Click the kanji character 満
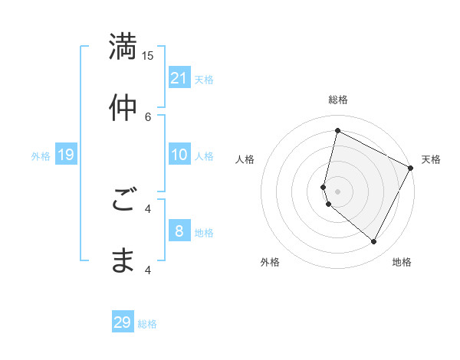(x=123, y=46)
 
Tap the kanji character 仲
(x=123, y=108)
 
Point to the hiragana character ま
(x=123, y=261)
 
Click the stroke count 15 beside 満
(x=148, y=55)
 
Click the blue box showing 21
(x=179, y=78)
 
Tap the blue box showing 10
(x=179, y=155)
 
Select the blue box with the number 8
(x=179, y=231)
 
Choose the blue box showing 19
(x=66, y=155)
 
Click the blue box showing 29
(x=123, y=322)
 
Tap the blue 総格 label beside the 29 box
(x=147, y=324)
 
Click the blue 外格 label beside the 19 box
(x=41, y=156)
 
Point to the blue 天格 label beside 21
(x=204, y=80)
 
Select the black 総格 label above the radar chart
(x=337, y=100)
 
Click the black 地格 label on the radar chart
(x=402, y=262)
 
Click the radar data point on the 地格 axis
(x=374, y=242)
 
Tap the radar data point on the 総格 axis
(x=337, y=130)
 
